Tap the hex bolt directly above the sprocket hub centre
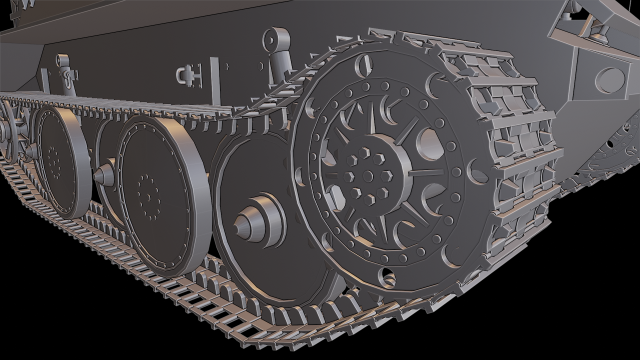click(x=371, y=153)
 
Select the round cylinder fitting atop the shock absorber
click(x=272, y=41)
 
